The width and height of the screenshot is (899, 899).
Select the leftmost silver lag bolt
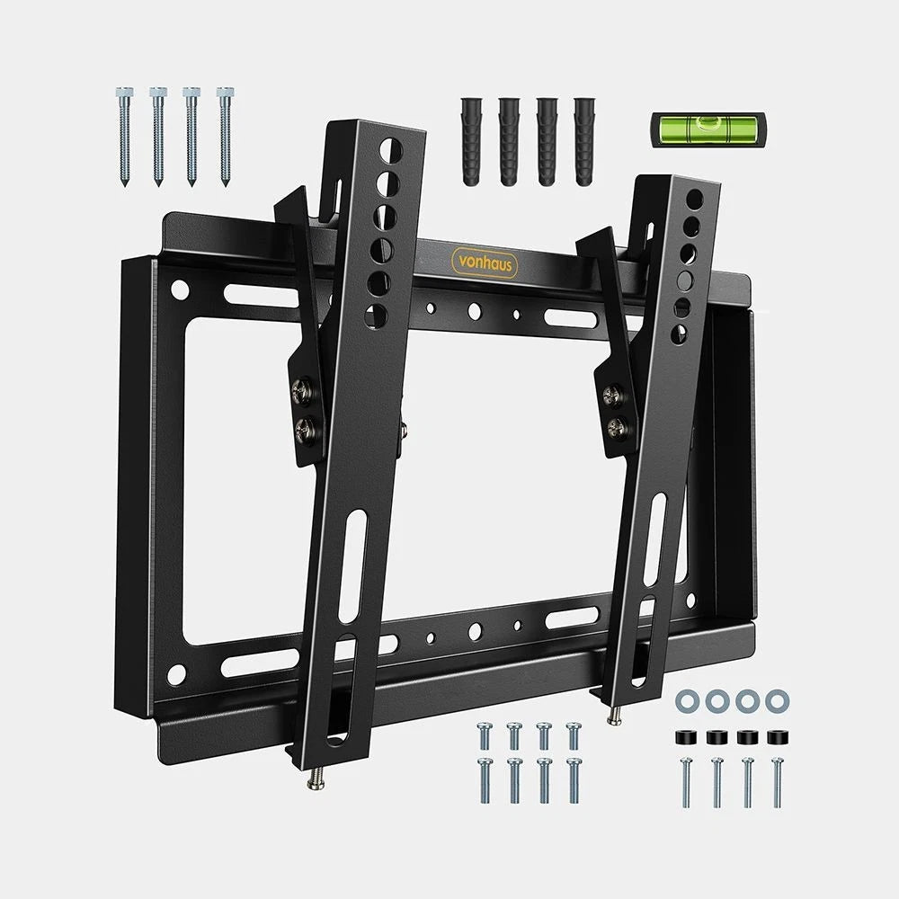125,135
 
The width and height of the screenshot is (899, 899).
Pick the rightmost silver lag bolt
224,135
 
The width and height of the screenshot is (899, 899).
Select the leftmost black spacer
684,737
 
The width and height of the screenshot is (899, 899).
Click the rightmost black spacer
776,737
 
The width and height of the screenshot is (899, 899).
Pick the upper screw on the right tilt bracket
614,393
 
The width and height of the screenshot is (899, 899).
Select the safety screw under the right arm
613,713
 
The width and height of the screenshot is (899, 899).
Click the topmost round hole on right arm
691,198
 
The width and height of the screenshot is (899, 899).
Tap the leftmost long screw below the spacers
686,782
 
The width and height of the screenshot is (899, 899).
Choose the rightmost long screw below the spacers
777,782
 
